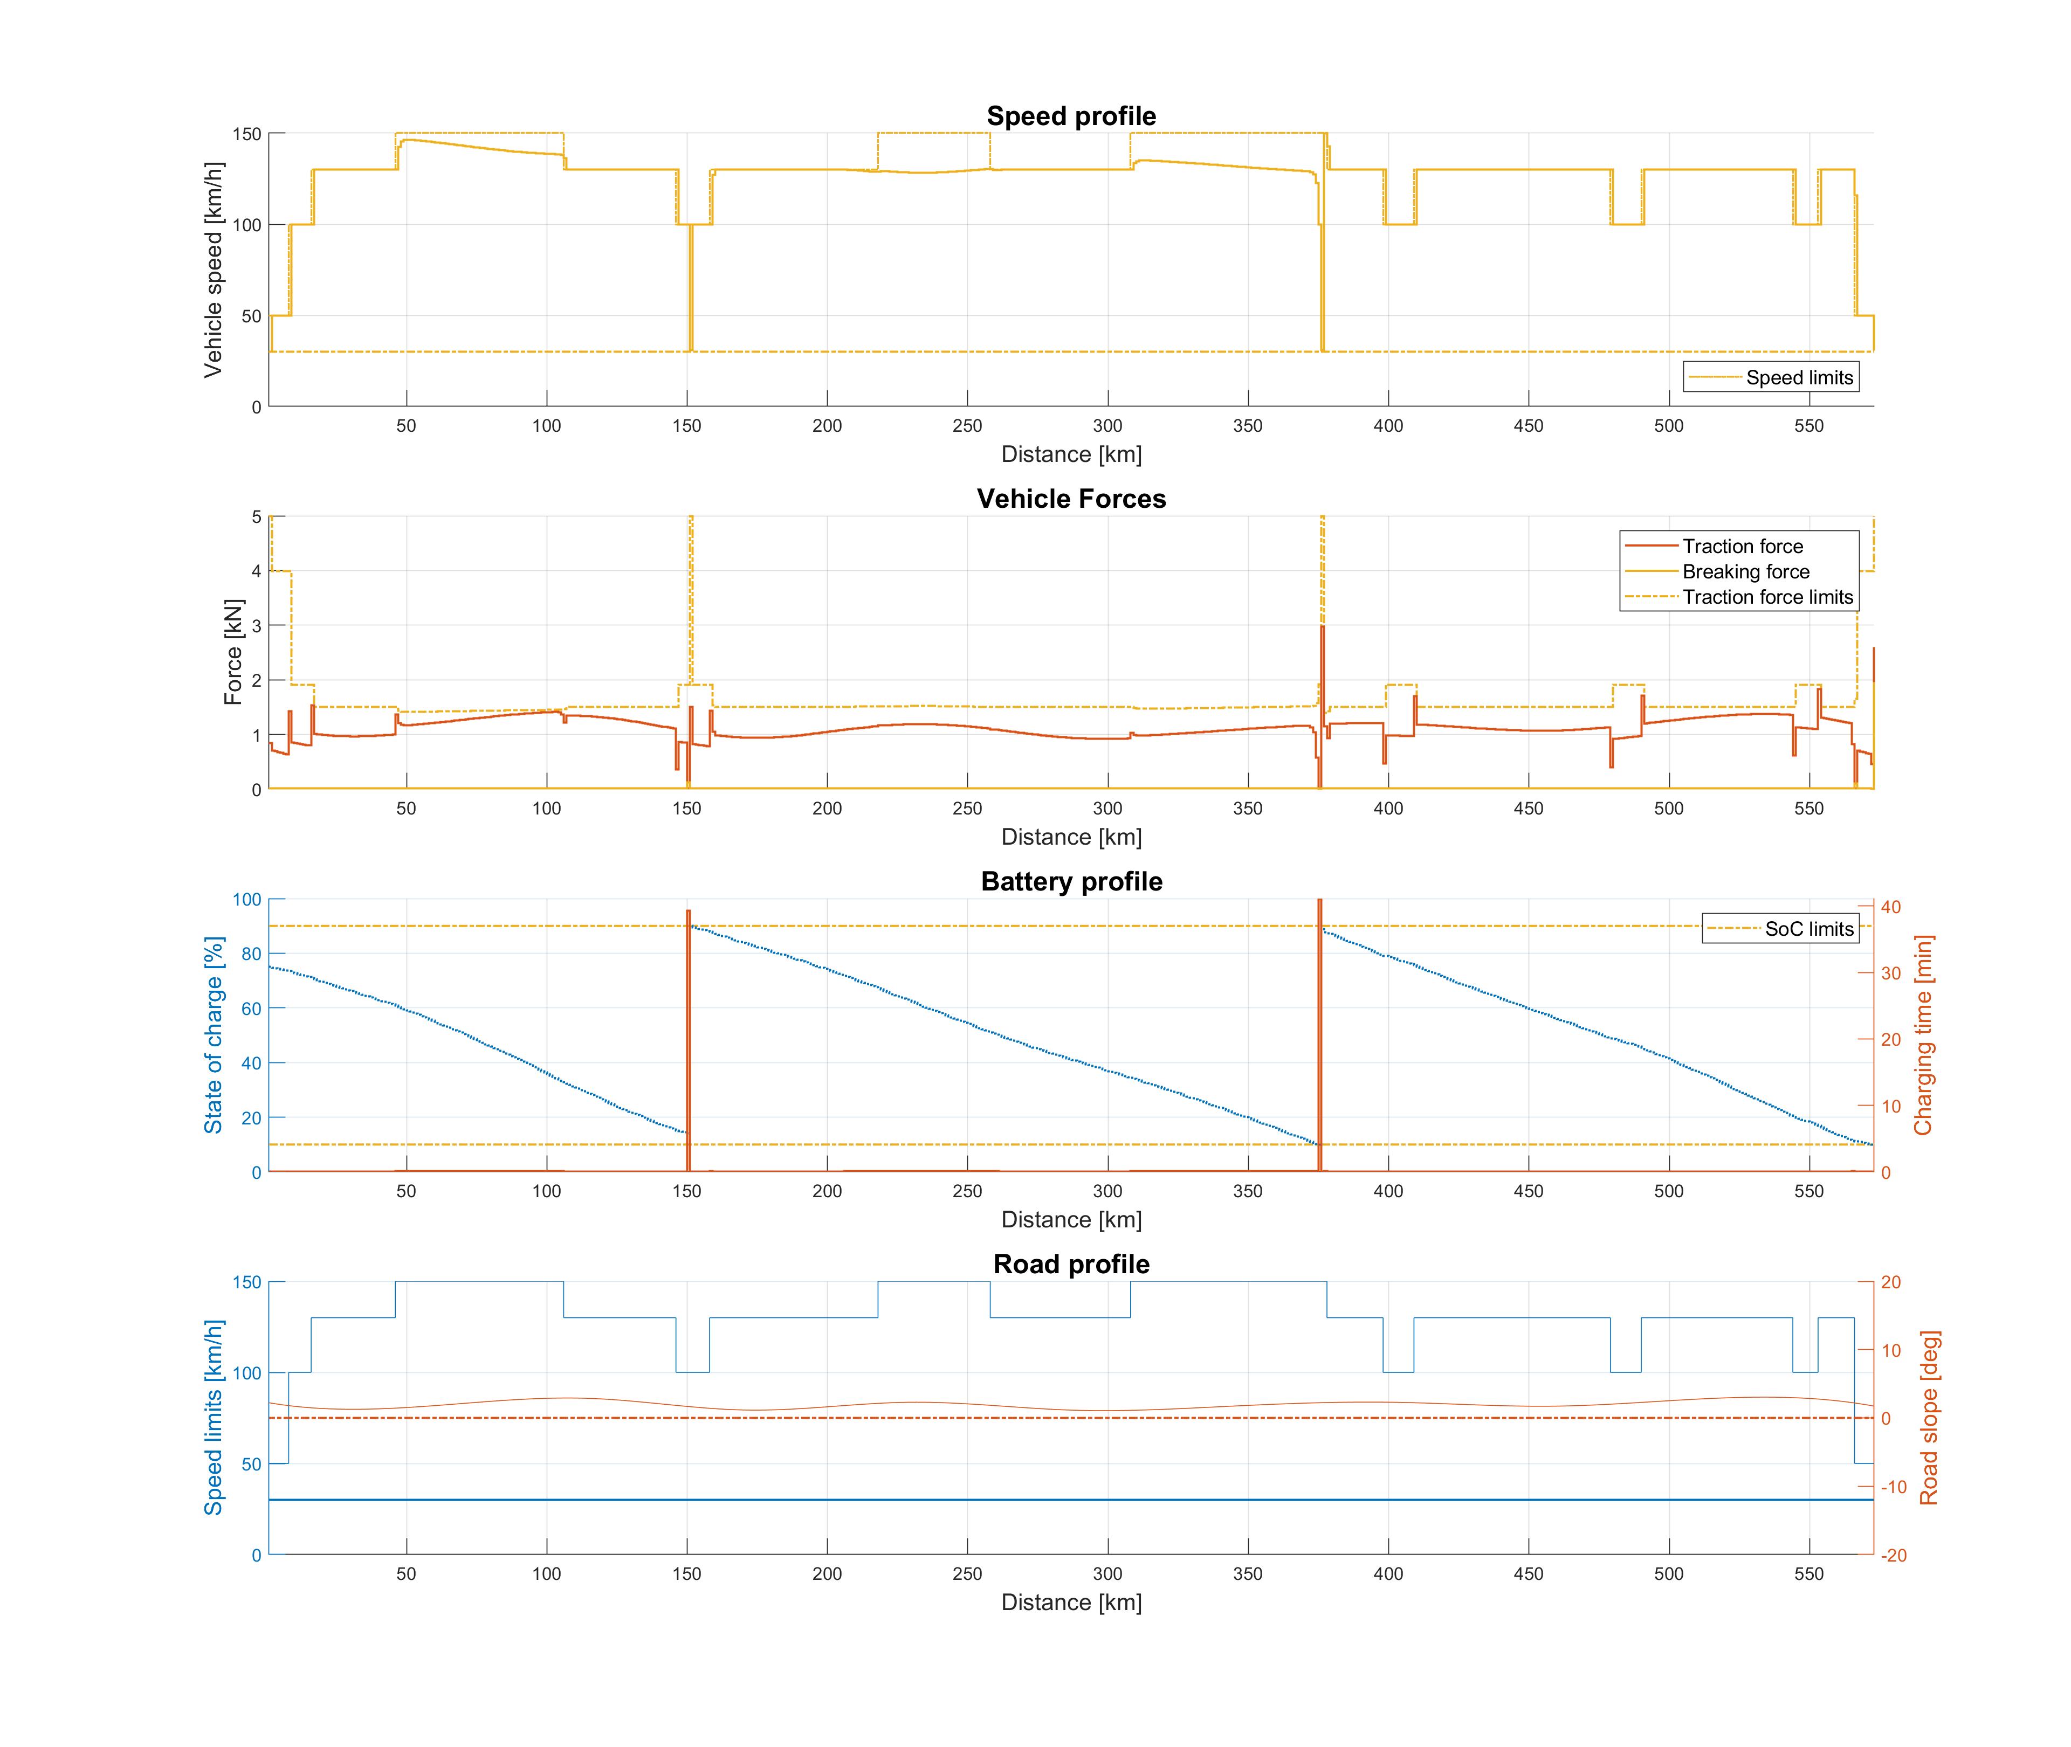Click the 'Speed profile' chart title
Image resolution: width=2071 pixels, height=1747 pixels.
(x=1071, y=116)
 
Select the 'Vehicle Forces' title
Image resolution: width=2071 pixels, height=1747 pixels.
(x=1071, y=499)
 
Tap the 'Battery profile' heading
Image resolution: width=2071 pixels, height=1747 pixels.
(x=1071, y=881)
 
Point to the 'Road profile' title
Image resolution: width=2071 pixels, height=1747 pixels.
(x=1071, y=1265)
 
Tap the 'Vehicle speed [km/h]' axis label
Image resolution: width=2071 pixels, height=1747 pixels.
(x=213, y=270)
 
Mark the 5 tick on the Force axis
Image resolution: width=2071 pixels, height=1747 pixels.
(x=257, y=517)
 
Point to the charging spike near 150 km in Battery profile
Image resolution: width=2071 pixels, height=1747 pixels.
(x=689, y=1040)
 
